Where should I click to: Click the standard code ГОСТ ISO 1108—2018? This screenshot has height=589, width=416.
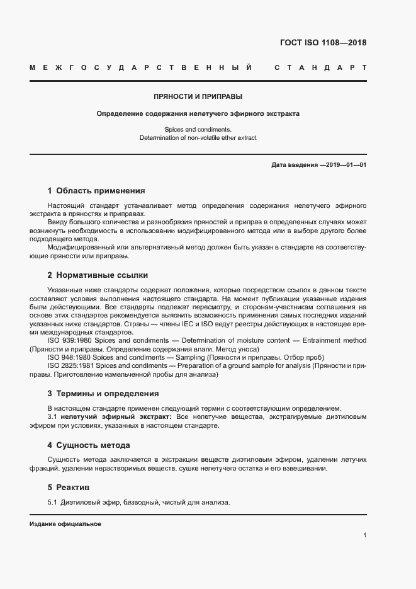(x=322, y=43)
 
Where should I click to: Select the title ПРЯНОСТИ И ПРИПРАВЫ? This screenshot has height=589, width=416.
(x=198, y=96)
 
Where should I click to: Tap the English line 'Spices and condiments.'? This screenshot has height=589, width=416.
(x=198, y=129)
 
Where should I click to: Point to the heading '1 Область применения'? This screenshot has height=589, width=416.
(x=96, y=190)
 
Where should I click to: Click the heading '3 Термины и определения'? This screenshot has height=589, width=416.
(x=103, y=394)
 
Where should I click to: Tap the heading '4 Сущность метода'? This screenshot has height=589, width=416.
(x=89, y=445)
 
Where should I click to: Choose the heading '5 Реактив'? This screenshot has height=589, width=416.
(x=69, y=488)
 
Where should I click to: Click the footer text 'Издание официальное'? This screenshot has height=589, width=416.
(x=65, y=524)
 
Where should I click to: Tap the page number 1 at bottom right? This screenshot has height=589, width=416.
(x=365, y=535)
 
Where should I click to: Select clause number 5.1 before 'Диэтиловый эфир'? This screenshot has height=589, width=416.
(x=53, y=503)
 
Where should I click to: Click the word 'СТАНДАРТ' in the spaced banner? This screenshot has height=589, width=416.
(x=320, y=67)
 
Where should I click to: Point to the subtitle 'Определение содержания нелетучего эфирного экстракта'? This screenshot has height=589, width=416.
(x=198, y=115)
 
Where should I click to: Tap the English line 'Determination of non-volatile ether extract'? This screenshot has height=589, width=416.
(x=198, y=137)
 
